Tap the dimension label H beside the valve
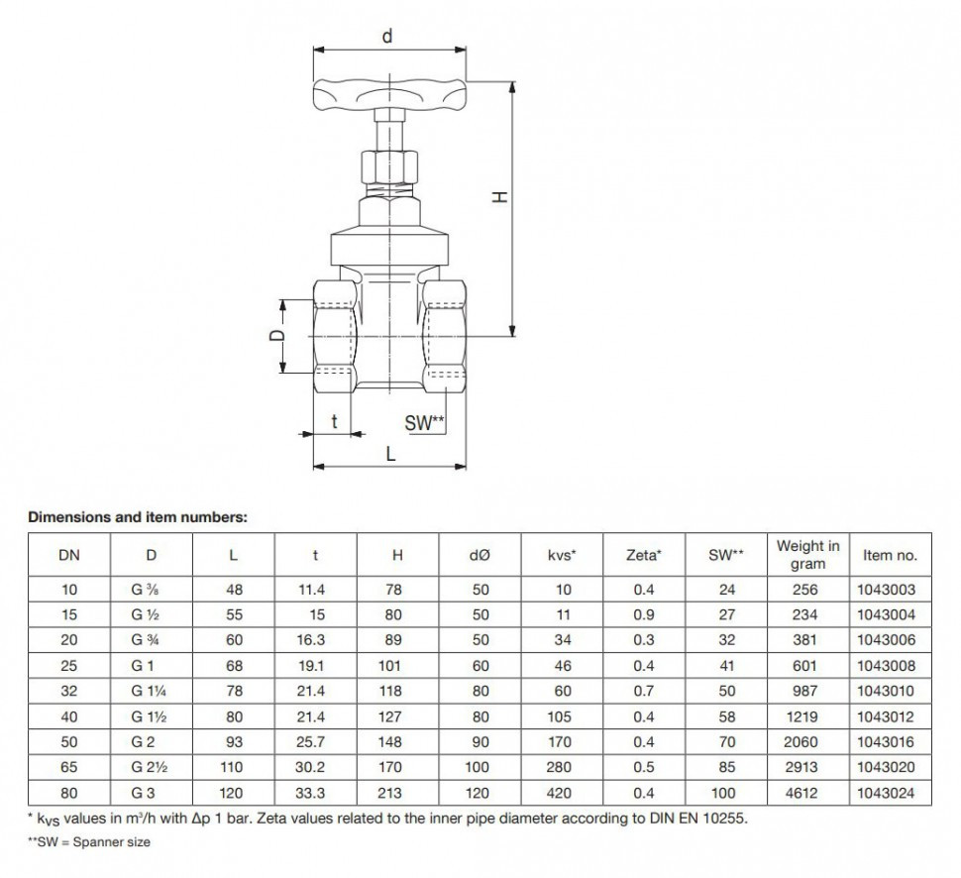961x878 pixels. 500,197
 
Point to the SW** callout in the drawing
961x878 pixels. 424,423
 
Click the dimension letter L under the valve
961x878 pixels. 390,454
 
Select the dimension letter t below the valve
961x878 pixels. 334,421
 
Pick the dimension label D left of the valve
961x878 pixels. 277,335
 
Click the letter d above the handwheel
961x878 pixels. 387,37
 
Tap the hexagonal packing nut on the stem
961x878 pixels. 389,165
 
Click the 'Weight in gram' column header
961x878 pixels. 807,554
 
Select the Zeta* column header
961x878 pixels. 644,555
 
